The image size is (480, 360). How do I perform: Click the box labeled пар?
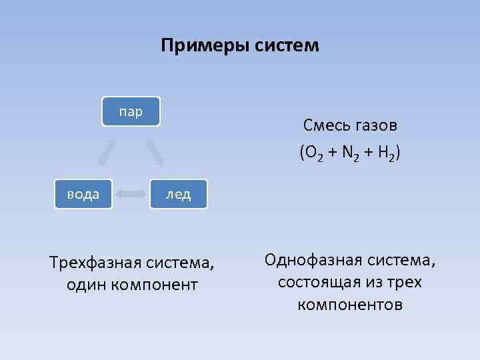[x=131, y=111]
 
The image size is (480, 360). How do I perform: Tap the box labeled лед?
[x=179, y=194]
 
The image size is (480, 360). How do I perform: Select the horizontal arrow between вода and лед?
[x=131, y=194]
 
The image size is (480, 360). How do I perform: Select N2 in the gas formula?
[x=350, y=153]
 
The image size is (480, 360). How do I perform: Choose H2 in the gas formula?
[x=385, y=153]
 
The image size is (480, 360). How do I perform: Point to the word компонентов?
[x=350, y=305]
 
